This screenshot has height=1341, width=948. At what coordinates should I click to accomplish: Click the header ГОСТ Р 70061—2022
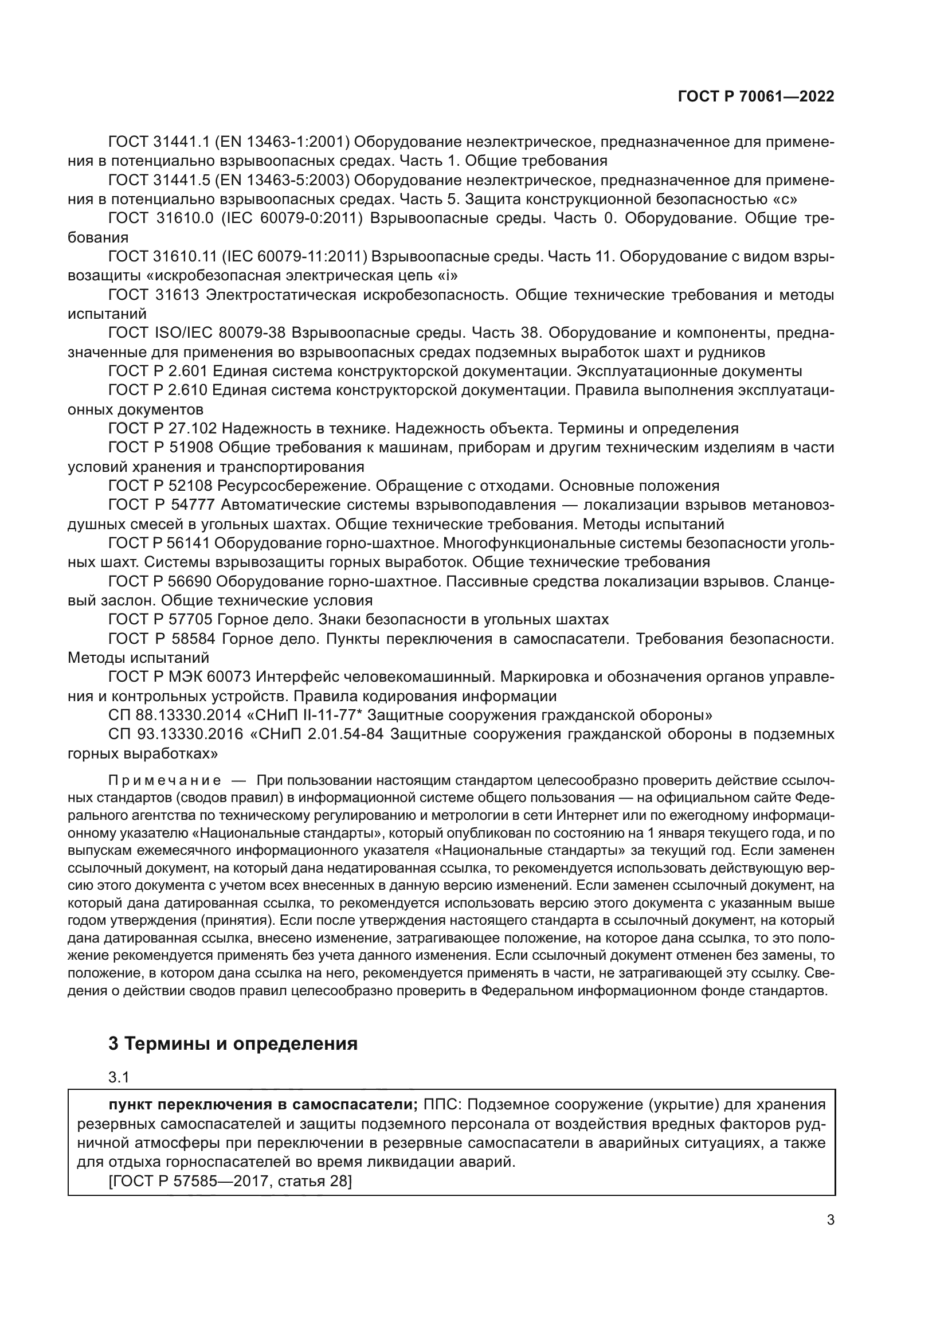point(756,97)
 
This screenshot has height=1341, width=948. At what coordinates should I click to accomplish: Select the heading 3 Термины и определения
point(233,1043)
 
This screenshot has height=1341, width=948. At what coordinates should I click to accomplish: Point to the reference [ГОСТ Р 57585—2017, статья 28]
point(230,1182)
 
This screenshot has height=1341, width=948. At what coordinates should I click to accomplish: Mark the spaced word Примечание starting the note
point(164,781)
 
